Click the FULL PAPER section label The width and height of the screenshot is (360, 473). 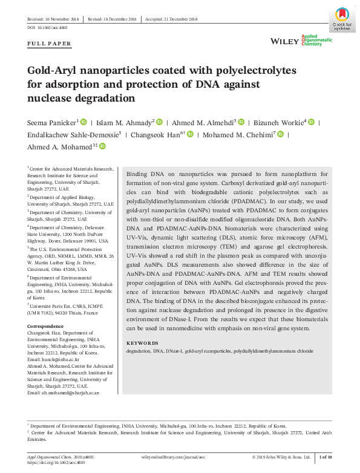click(50, 44)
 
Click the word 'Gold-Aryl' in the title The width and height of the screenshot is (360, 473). click(55, 71)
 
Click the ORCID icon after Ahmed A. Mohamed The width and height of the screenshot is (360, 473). click(102, 146)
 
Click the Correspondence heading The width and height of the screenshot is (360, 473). click(45, 326)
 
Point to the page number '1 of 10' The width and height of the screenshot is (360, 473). click(326, 457)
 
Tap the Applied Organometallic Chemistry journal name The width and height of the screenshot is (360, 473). click(316, 41)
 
